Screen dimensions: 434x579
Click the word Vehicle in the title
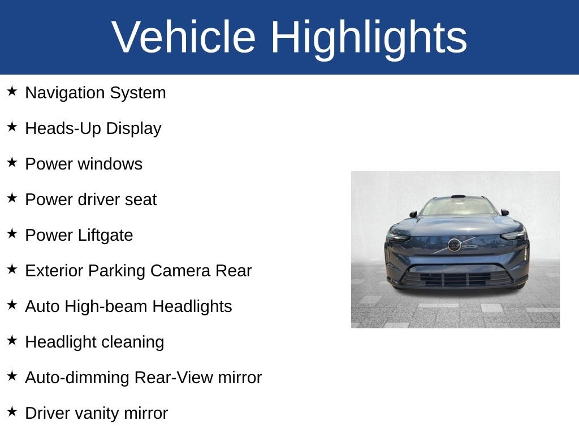[x=184, y=37]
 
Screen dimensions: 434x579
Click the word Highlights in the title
[x=369, y=37]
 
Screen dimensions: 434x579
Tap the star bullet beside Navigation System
[x=12, y=91]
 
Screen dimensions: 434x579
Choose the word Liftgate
[x=106, y=235]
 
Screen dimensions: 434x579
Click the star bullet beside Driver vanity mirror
[x=12, y=411]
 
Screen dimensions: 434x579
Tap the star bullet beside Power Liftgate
[x=12, y=233]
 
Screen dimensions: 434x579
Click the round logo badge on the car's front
[x=455, y=245]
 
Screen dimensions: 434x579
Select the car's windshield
[x=457, y=206]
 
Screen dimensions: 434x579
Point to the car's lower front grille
[x=456, y=279]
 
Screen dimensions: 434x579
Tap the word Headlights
[x=192, y=306]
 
